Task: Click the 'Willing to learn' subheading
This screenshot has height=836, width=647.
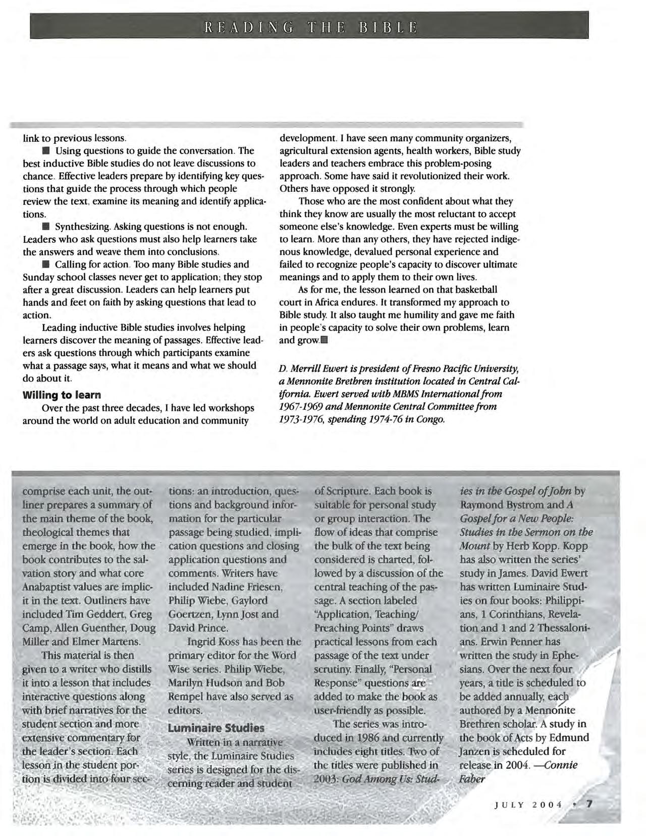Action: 62,394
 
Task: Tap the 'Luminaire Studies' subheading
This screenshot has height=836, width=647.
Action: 216,728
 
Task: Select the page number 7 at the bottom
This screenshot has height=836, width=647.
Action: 588,803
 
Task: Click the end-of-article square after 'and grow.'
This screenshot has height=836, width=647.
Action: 324,340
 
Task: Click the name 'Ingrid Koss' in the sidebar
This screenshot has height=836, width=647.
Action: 213,642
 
